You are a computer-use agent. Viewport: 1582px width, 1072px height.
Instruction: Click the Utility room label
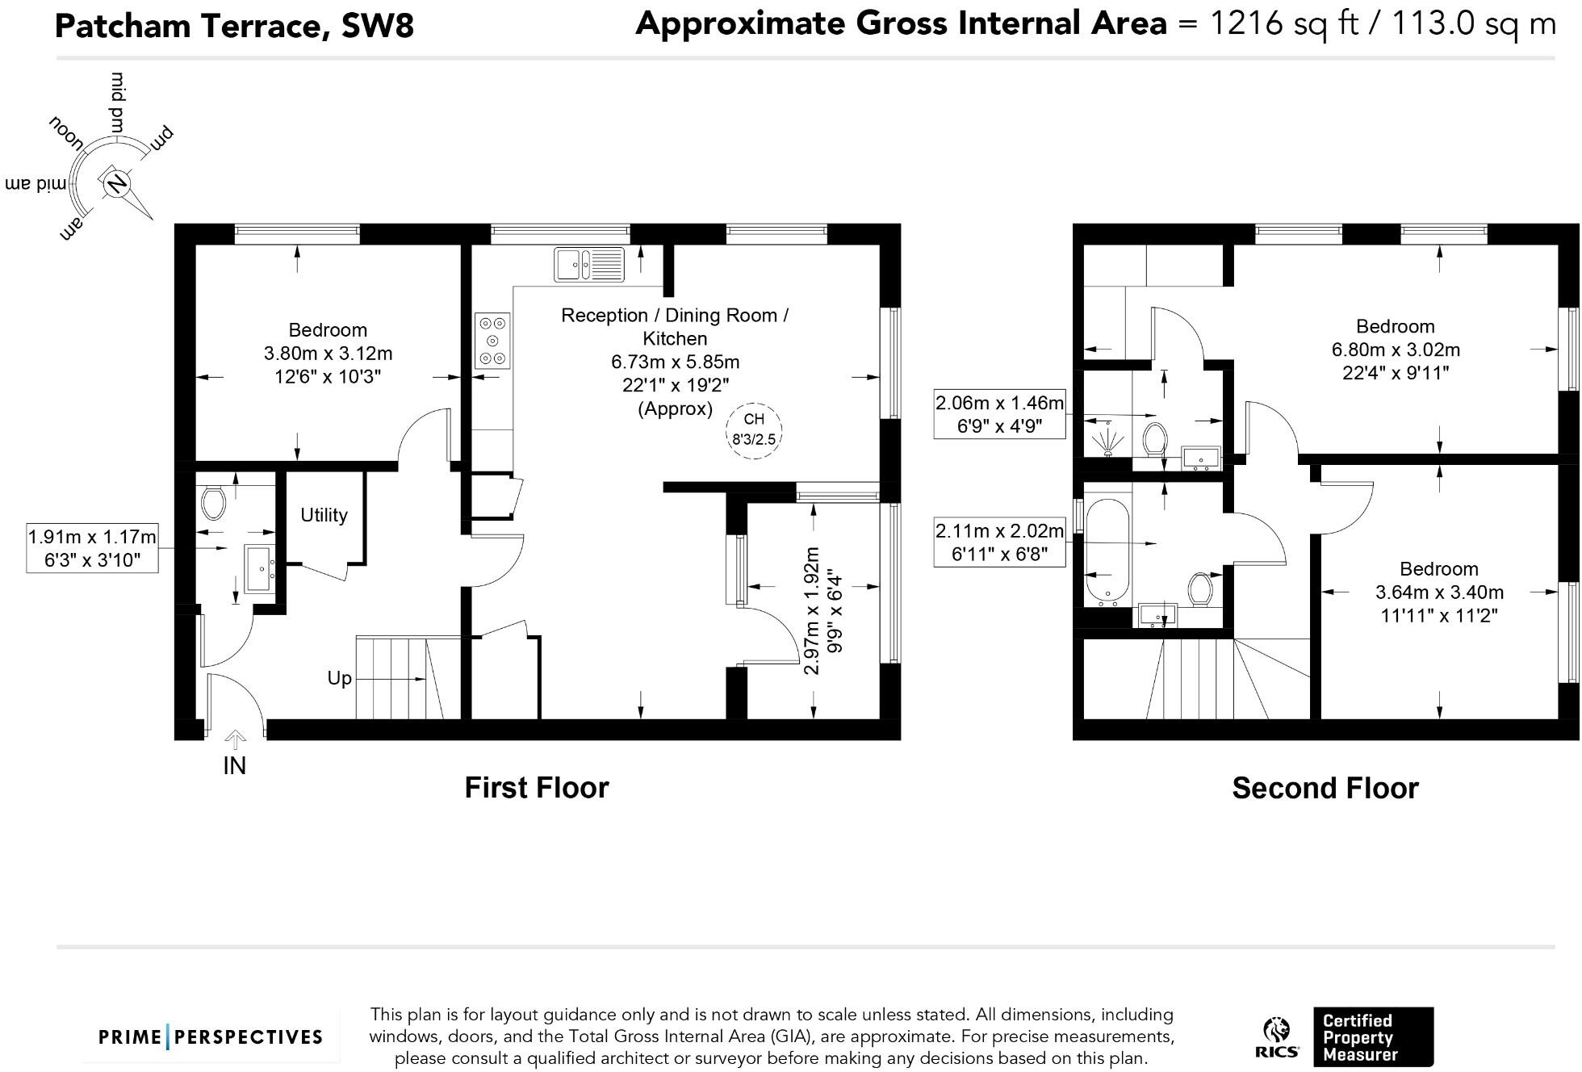[x=324, y=515]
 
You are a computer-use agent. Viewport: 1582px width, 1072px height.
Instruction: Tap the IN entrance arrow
[x=235, y=739]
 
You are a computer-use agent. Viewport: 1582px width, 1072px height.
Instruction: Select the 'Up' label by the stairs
[x=339, y=678]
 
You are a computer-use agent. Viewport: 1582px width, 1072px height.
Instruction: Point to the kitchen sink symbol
[x=589, y=264]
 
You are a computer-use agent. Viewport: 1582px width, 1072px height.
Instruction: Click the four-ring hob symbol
[x=492, y=341]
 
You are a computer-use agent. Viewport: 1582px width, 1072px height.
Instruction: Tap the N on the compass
[x=116, y=183]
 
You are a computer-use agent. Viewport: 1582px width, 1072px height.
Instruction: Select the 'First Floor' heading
[x=536, y=787]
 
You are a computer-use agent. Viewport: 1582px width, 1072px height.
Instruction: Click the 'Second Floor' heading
[x=1325, y=788]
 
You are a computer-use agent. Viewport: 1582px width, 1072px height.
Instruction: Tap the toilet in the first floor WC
[x=214, y=503]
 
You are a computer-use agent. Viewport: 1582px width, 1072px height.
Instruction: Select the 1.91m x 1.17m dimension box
[x=92, y=548]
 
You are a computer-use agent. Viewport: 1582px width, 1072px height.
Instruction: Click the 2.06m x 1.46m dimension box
[x=999, y=414]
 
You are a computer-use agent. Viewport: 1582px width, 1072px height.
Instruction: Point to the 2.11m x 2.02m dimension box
[x=999, y=542]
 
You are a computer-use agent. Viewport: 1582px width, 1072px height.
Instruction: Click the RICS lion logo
[x=1277, y=1037]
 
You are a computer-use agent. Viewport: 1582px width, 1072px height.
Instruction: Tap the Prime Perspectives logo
[x=210, y=1037]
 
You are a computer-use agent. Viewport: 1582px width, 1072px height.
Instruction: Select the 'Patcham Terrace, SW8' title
[x=234, y=26]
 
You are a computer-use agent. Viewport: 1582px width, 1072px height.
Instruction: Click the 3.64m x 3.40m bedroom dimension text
[x=1438, y=592]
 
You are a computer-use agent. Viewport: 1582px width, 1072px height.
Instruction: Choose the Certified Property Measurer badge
[x=1372, y=1037]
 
